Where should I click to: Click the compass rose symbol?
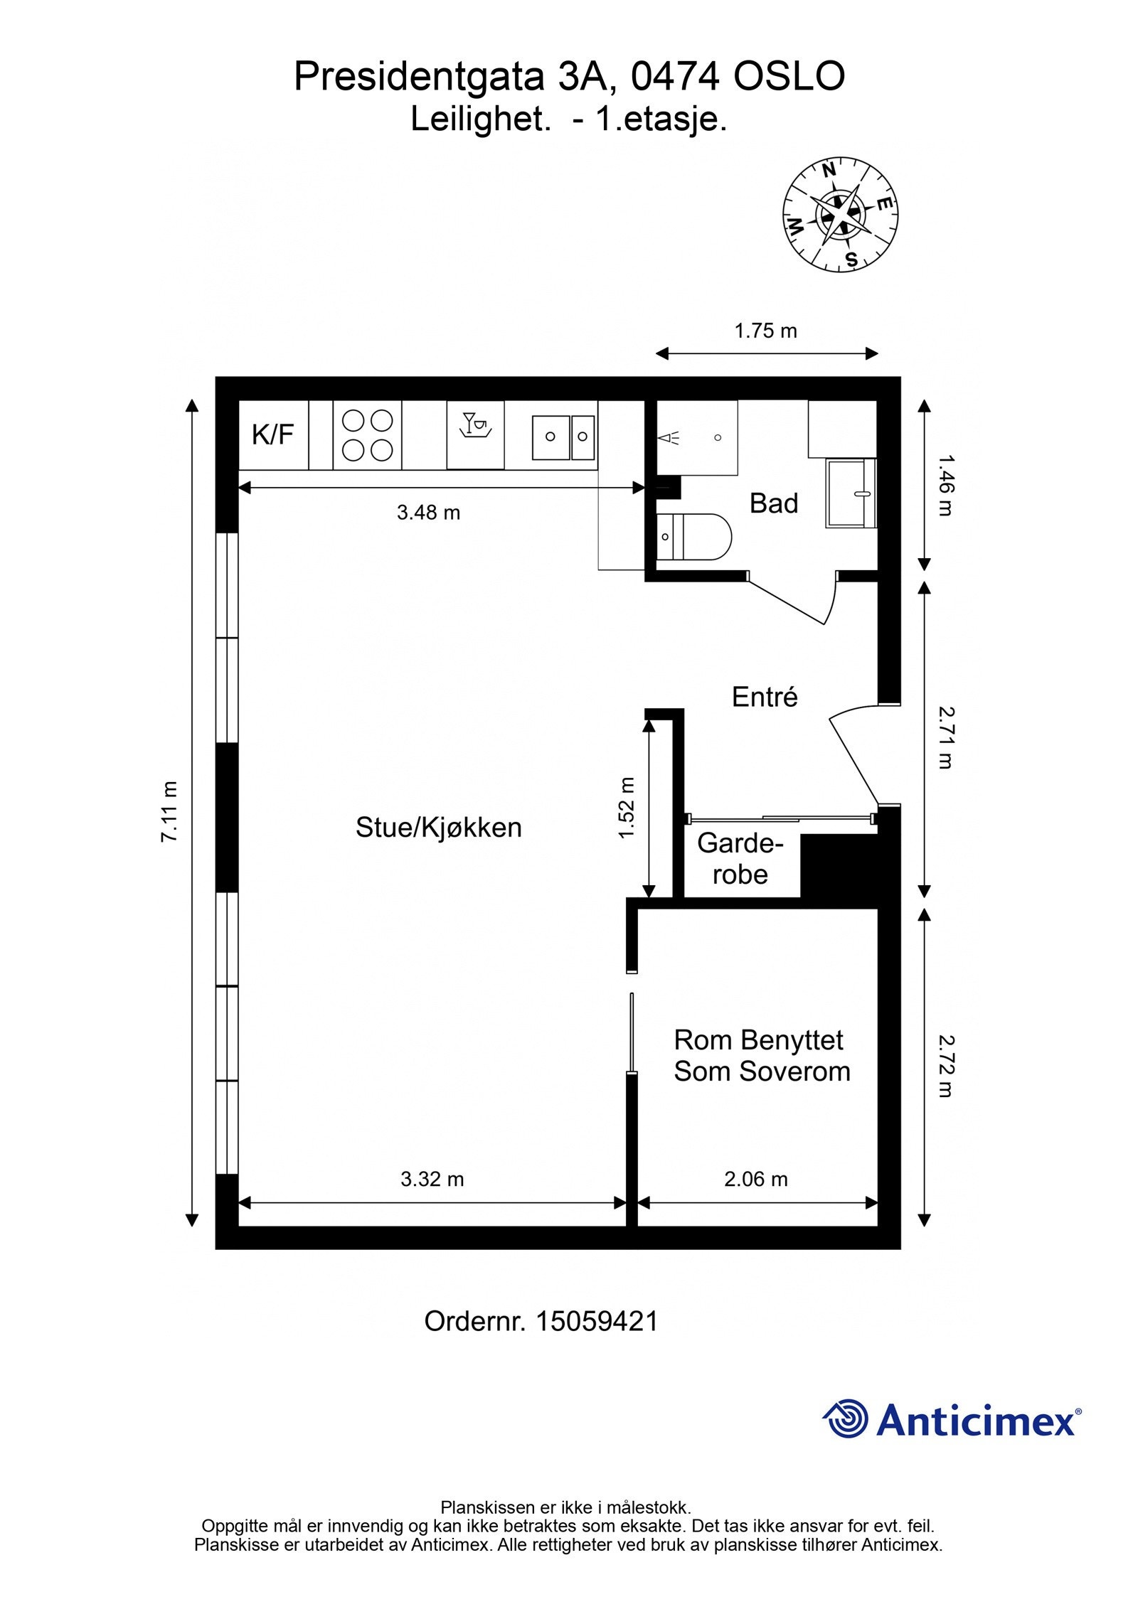[840, 214]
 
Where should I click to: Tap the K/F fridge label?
[272, 434]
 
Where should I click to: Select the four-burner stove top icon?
[367, 434]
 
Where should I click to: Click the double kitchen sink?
[563, 437]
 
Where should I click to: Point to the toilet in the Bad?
[693, 537]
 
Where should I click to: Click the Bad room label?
[774, 503]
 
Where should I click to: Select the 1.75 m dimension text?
[765, 331]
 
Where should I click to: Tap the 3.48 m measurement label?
[428, 512]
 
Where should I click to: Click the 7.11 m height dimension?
[169, 811]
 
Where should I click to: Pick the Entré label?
[765, 697]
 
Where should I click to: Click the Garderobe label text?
[740, 858]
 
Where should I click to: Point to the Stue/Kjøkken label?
[438, 827]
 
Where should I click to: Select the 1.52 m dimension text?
[626, 808]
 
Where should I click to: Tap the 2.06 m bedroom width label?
[755, 1179]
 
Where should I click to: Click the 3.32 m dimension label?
[432, 1179]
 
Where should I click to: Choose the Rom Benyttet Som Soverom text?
[761, 1055]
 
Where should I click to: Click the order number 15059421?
[596, 1321]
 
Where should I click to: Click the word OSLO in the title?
[789, 77]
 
